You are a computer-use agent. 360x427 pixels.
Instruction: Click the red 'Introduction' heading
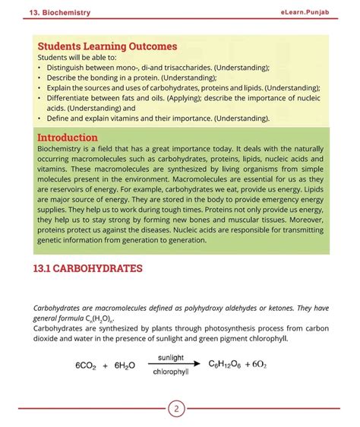coord(68,138)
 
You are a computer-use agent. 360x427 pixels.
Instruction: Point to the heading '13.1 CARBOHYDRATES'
coord(88,268)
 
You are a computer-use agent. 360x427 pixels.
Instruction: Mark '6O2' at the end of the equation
coord(261,364)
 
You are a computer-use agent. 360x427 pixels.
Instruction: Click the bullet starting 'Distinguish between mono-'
coord(152,67)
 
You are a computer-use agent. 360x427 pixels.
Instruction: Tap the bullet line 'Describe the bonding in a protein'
coord(129,77)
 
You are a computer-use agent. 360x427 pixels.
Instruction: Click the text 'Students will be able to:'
coord(78,57)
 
